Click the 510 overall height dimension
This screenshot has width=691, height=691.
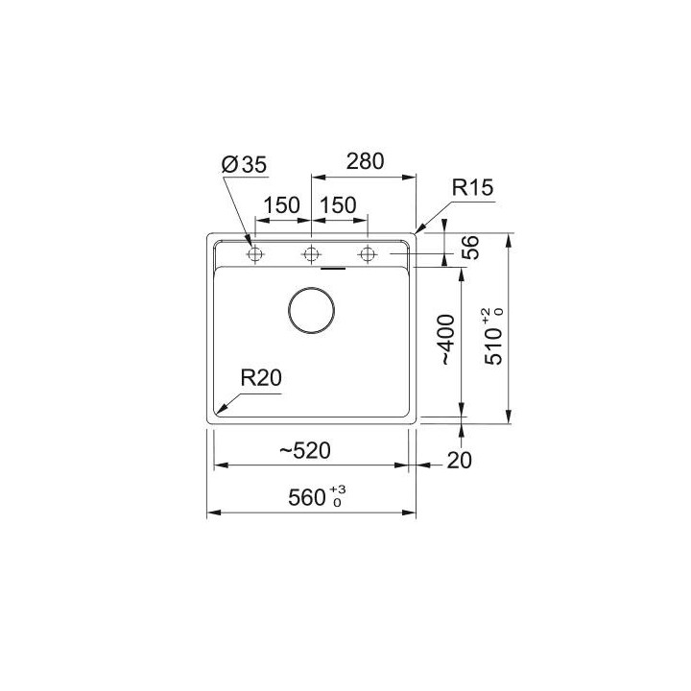491,342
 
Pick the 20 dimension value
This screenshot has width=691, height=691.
460,462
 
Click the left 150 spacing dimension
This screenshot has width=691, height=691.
282,205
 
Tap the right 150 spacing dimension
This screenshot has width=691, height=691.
338,205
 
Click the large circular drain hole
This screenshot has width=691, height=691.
312,310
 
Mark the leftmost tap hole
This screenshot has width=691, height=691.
254,254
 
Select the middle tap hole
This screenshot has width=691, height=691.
310,254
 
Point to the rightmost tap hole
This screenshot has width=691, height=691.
366,254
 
